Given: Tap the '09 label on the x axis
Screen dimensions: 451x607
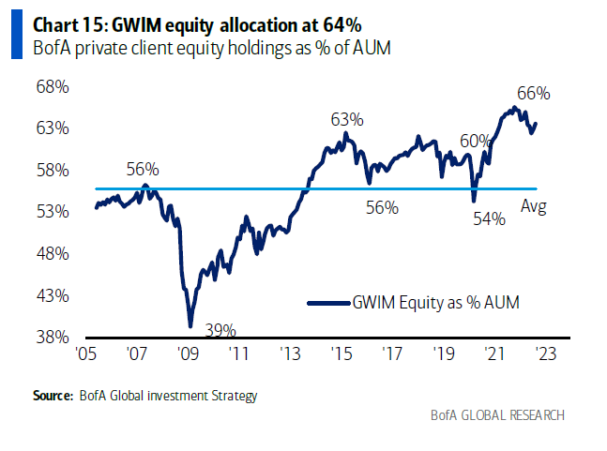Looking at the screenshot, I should click(x=187, y=355).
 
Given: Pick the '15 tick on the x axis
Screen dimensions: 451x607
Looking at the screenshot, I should click(x=341, y=355).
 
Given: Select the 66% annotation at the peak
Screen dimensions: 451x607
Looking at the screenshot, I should click(x=533, y=93).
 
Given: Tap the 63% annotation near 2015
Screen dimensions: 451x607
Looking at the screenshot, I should click(x=346, y=119).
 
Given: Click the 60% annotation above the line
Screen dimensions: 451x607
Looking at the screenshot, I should click(x=476, y=141).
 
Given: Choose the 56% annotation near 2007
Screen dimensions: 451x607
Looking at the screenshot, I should click(x=143, y=170).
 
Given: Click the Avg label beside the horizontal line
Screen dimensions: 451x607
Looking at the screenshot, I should click(x=534, y=207).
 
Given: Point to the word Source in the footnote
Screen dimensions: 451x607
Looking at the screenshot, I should click(x=53, y=396).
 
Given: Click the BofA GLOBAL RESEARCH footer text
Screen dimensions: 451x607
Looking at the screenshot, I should click(x=497, y=414).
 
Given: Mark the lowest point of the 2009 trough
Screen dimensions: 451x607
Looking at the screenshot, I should click(x=190, y=326).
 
